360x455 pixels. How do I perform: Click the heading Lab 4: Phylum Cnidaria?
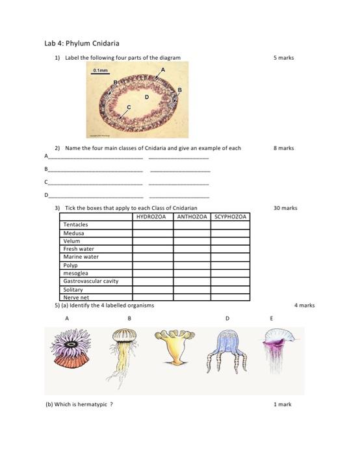[82, 44]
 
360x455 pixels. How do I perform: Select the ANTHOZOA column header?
[192, 216]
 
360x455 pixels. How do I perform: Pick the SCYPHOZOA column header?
[230, 216]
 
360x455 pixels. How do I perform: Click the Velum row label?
[72, 241]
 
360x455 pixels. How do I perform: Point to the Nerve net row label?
[76, 298]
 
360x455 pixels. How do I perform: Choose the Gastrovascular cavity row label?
[91, 281]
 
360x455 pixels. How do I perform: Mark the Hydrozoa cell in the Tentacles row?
[153, 225]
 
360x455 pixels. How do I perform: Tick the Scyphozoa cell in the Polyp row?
[230, 265]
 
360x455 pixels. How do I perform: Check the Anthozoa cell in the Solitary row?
[192, 289]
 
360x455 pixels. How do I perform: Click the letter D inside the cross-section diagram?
[147, 97]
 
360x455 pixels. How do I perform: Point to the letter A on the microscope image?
[163, 70]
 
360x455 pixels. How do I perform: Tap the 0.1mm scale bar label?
[101, 70]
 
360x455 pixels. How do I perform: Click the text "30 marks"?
[285, 208]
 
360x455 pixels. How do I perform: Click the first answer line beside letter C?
[96, 184]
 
